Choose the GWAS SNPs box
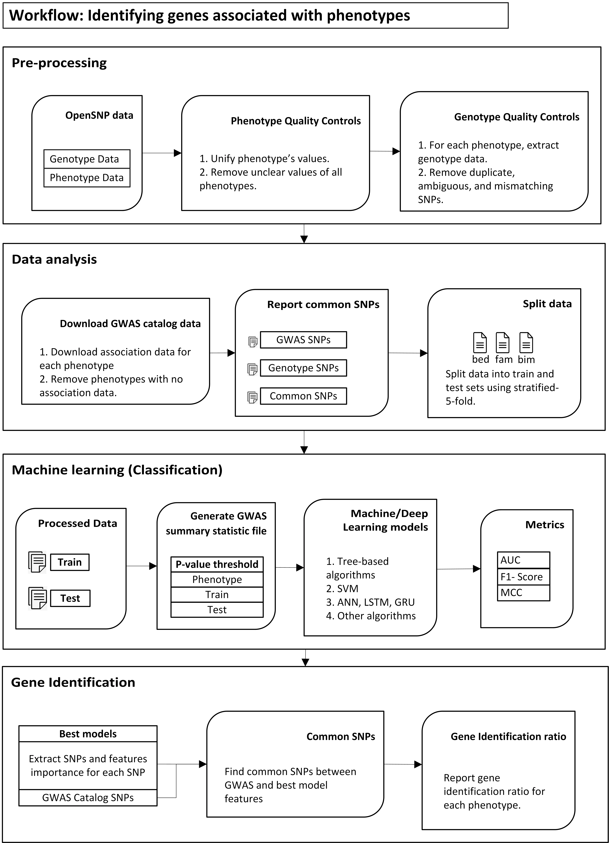[303, 340]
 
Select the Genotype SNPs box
[303, 368]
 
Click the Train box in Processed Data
[70, 562]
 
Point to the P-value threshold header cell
[217, 564]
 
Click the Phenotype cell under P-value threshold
[217, 579]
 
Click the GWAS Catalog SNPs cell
[88, 798]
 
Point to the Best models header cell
[88, 734]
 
